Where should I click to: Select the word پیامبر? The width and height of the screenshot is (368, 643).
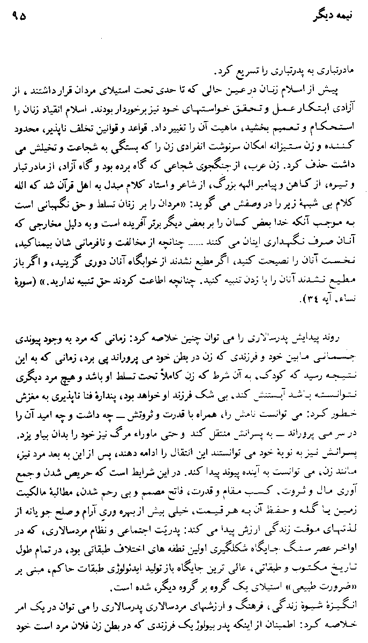[x=273, y=174]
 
